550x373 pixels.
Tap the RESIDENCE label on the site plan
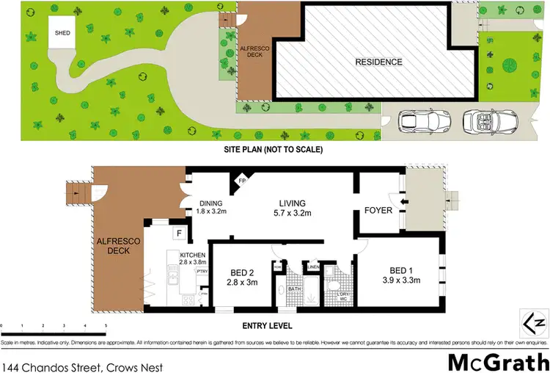coord(378,62)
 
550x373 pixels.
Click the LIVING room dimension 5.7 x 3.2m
coord(291,214)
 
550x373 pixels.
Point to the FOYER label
coord(378,211)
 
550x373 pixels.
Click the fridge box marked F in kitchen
coord(178,233)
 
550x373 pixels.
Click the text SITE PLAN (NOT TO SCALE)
coord(274,149)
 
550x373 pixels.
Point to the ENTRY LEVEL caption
coord(268,325)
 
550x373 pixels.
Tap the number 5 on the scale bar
coord(106,325)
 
